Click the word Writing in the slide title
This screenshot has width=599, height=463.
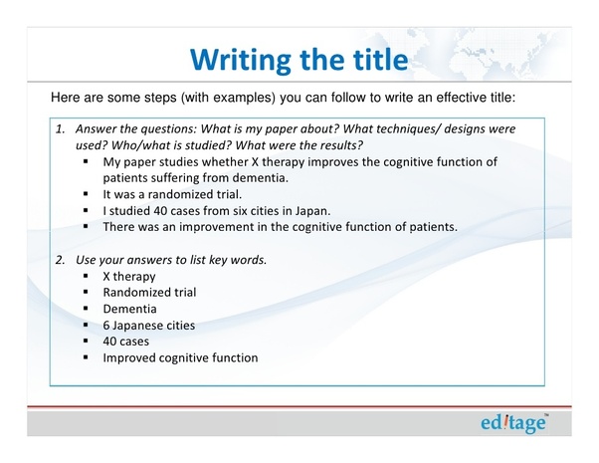(x=241, y=61)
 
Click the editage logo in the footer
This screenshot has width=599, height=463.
(x=513, y=423)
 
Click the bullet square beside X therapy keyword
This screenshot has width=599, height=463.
(x=86, y=276)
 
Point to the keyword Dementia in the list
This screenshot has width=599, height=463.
(x=130, y=309)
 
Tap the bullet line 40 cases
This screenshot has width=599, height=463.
(x=126, y=342)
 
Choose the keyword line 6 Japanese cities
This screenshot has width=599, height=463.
(x=149, y=325)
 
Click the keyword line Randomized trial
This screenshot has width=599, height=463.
(x=149, y=292)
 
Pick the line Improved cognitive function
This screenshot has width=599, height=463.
(x=180, y=357)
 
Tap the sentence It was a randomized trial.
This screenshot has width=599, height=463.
(x=172, y=194)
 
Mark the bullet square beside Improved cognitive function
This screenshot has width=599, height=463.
(x=86, y=357)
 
